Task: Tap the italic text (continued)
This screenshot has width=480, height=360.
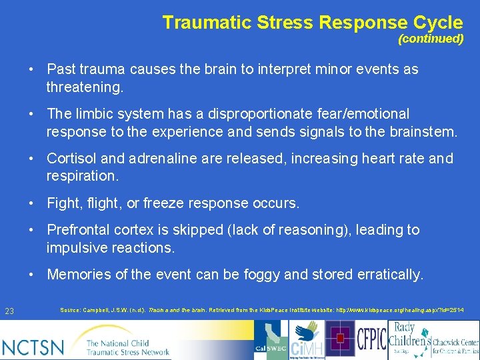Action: [431, 39]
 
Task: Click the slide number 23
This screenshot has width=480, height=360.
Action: [9, 311]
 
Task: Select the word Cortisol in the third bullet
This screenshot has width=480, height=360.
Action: [67, 159]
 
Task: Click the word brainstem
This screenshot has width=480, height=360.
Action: [424, 131]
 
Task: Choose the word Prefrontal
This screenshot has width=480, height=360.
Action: [77, 230]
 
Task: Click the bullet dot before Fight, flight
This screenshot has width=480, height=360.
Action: [32, 203]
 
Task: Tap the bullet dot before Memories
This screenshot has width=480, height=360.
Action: [32, 275]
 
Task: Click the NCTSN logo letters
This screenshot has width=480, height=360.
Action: [33, 346]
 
